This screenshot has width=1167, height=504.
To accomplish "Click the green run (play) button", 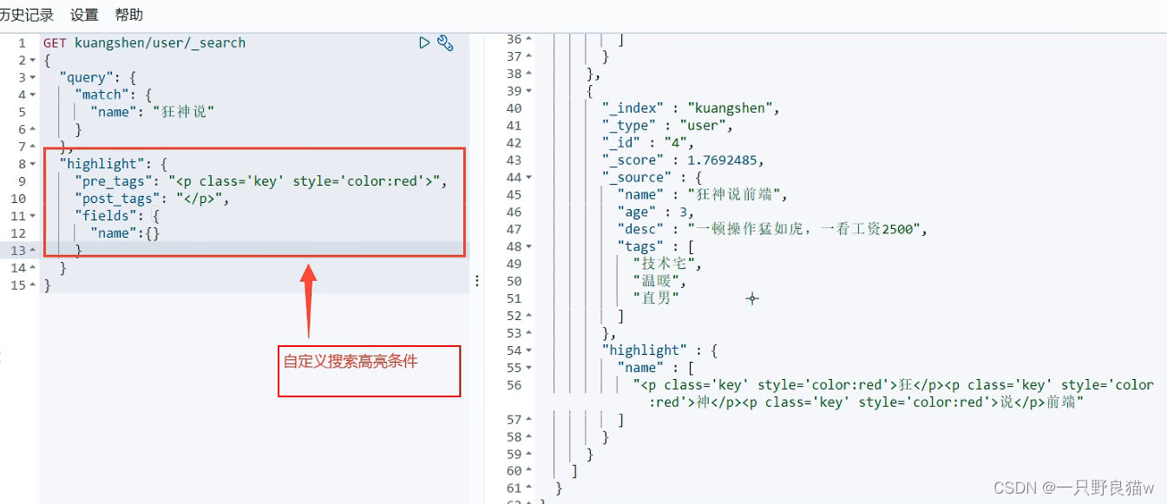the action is (x=424, y=43).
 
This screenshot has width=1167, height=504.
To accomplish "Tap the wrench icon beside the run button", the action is (x=445, y=43).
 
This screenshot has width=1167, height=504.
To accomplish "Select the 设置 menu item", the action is (x=84, y=15).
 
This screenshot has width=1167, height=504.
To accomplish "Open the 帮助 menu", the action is (x=128, y=15).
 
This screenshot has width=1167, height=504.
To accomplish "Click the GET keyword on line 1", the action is (x=55, y=43).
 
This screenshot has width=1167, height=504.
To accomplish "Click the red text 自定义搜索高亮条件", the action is (x=351, y=362).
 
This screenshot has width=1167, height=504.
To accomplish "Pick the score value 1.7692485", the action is (x=724, y=160).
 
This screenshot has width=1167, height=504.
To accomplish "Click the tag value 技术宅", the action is (x=666, y=264).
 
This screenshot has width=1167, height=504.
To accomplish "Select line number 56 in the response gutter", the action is (x=514, y=385).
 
